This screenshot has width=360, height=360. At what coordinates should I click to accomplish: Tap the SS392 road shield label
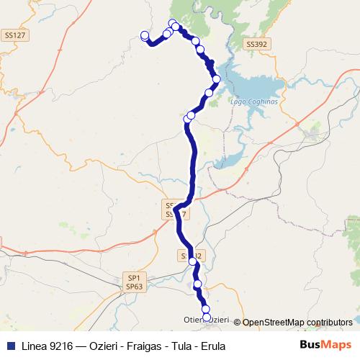tap(256, 44)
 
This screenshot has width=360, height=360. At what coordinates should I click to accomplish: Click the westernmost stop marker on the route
tap(145, 35)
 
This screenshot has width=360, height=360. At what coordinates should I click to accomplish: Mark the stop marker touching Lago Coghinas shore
tap(216, 78)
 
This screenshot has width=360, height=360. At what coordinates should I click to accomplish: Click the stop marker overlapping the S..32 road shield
tap(193, 261)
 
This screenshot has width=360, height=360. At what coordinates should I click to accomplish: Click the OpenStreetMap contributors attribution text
tap(297, 323)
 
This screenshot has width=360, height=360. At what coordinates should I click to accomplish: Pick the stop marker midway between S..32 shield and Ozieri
tap(198, 285)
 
